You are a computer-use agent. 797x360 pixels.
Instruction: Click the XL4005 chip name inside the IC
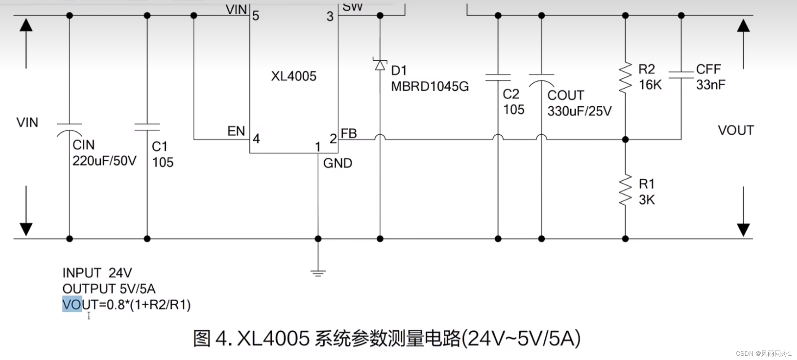click(294, 76)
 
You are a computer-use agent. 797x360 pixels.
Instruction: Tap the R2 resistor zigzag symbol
click(625, 78)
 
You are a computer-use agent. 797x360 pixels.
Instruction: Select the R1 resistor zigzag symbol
click(625, 190)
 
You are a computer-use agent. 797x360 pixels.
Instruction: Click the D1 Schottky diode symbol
click(380, 65)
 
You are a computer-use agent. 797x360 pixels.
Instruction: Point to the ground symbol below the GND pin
click(318, 273)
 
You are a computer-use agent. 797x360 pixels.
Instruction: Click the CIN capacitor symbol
click(70, 129)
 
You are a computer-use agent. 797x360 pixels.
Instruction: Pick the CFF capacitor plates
click(681, 75)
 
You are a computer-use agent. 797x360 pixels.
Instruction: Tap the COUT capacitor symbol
click(541, 80)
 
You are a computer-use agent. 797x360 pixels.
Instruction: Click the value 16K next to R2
click(650, 85)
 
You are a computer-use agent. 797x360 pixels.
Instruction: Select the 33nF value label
click(710, 85)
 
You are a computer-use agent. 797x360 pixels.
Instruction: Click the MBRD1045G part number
click(430, 87)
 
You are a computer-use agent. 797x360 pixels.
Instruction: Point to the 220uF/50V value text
click(104, 161)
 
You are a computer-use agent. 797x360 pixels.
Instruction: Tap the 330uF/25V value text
click(579, 111)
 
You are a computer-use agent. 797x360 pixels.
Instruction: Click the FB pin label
click(349, 134)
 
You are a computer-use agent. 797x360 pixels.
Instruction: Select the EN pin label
click(236, 131)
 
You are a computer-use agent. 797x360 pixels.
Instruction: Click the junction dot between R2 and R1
click(625, 140)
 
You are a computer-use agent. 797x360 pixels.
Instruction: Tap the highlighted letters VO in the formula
click(72, 305)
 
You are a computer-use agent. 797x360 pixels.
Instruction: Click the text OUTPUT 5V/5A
click(109, 289)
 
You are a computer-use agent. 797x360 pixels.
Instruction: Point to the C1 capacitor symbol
click(147, 127)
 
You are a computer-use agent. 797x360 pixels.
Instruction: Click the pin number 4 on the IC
click(256, 138)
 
